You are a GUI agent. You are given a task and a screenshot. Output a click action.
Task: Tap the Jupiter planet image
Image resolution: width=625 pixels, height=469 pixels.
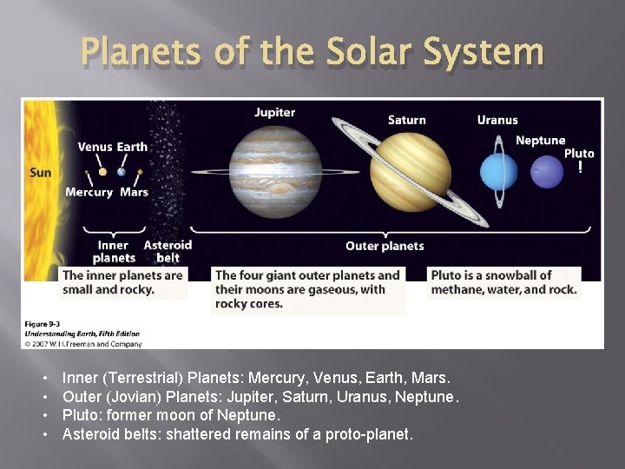pos(275,169)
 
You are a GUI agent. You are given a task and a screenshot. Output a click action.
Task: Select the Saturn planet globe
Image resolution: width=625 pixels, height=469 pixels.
pos(410,171)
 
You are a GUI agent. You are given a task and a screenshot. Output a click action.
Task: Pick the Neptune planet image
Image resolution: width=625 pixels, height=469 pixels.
pos(547,171)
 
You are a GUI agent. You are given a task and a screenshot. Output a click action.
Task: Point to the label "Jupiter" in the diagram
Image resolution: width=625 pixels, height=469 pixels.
pos(274,112)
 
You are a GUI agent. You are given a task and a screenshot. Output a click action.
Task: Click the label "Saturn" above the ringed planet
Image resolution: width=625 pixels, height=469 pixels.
pos(406,120)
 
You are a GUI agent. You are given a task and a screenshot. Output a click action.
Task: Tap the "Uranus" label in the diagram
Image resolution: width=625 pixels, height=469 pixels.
pos(497,120)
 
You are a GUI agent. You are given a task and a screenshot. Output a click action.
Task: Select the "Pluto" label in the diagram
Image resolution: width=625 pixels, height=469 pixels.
pos(579,154)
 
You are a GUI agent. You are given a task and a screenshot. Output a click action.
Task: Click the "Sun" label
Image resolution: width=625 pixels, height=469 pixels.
pos(41,172)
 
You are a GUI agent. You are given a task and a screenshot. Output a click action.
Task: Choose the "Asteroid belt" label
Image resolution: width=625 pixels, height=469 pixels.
pos(168,251)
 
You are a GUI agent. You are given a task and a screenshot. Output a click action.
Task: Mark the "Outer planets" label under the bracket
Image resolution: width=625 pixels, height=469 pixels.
pos(385,246)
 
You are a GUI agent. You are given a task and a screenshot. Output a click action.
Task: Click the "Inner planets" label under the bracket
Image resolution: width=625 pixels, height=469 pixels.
pos(114,251)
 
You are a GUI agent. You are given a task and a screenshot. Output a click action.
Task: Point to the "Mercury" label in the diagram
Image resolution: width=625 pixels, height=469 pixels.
pos(89,192)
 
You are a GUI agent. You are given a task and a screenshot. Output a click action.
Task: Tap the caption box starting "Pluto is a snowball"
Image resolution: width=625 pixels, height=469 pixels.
pos(504,282)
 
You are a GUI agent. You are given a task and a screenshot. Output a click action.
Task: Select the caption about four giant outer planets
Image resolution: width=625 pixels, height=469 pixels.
pos(307,289)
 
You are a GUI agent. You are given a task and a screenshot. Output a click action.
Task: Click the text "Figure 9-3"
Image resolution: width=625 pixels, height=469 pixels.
pos(43,324)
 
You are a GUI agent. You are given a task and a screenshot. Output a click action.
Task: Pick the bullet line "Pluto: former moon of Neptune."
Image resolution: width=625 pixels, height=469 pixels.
pos(171,415)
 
